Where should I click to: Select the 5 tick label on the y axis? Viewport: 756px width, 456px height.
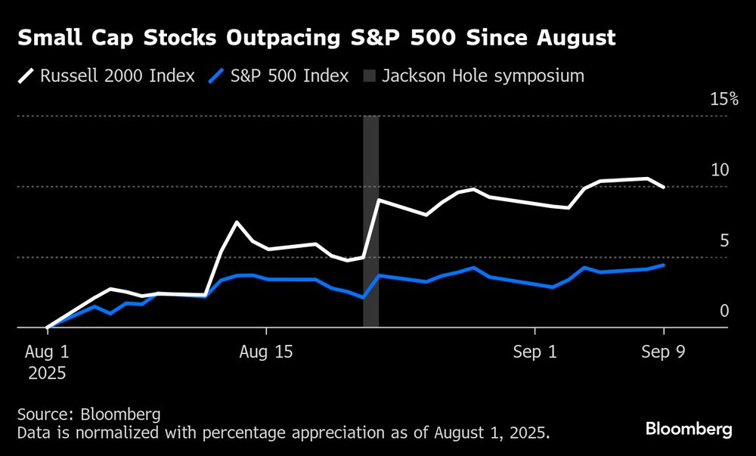tap(724, 241)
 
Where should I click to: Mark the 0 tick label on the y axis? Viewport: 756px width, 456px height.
tap(724, 312)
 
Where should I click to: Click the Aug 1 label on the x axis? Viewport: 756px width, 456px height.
tap(47, 352)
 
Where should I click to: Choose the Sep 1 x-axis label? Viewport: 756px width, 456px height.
tap(534, 352)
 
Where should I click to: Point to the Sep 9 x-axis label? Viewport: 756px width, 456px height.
tap(664, 352)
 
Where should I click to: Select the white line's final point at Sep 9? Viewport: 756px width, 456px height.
tap(664, 187)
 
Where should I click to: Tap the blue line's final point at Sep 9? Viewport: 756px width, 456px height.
tap(664, 265)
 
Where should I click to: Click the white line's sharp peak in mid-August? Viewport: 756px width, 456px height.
tap(237, 222)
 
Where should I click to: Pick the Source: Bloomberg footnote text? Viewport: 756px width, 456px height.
tap(88, 414)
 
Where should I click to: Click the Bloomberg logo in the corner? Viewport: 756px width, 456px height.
tap(689, 429)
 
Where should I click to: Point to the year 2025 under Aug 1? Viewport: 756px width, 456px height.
tap(47, 373)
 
